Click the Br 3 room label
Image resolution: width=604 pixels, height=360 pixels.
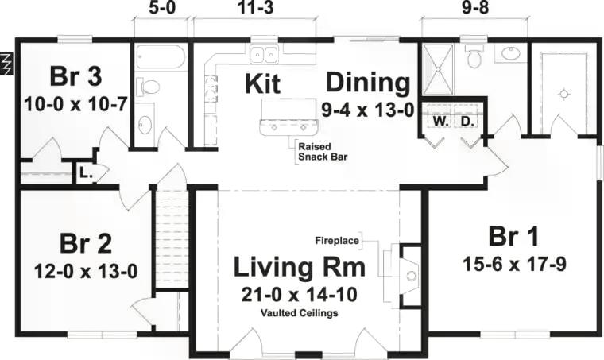point(75,76)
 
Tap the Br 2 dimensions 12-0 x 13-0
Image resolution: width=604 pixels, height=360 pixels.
point(86,272)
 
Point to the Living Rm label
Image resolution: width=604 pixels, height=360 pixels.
point(300,267)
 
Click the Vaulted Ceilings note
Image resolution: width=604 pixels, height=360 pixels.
point(300,313)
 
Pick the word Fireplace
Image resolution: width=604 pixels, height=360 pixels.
point(337,241)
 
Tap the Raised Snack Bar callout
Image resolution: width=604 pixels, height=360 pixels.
point(323,152)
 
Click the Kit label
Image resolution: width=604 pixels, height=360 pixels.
point(262,83)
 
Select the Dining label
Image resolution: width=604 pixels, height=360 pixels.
point(368,83)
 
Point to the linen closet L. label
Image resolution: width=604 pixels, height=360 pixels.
point(86,174)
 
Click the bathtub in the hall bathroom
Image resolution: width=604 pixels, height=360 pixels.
point(161,57)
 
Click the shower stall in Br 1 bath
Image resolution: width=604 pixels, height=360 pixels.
point(438,69)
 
